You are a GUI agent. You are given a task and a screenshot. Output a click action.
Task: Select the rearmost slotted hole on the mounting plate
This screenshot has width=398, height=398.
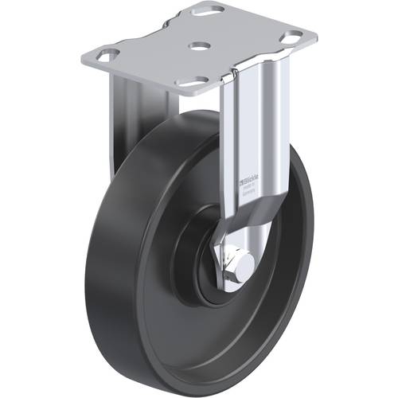pos(212,12)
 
